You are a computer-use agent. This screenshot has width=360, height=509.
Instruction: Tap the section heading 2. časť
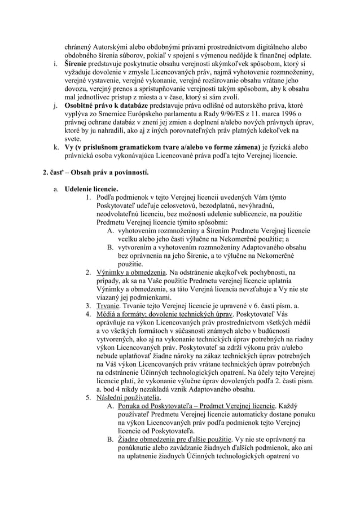coord(62,171)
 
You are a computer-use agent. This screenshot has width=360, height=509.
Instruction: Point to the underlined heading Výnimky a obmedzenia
coord(131,272)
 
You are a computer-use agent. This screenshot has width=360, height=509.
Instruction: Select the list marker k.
coord(57,147)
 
